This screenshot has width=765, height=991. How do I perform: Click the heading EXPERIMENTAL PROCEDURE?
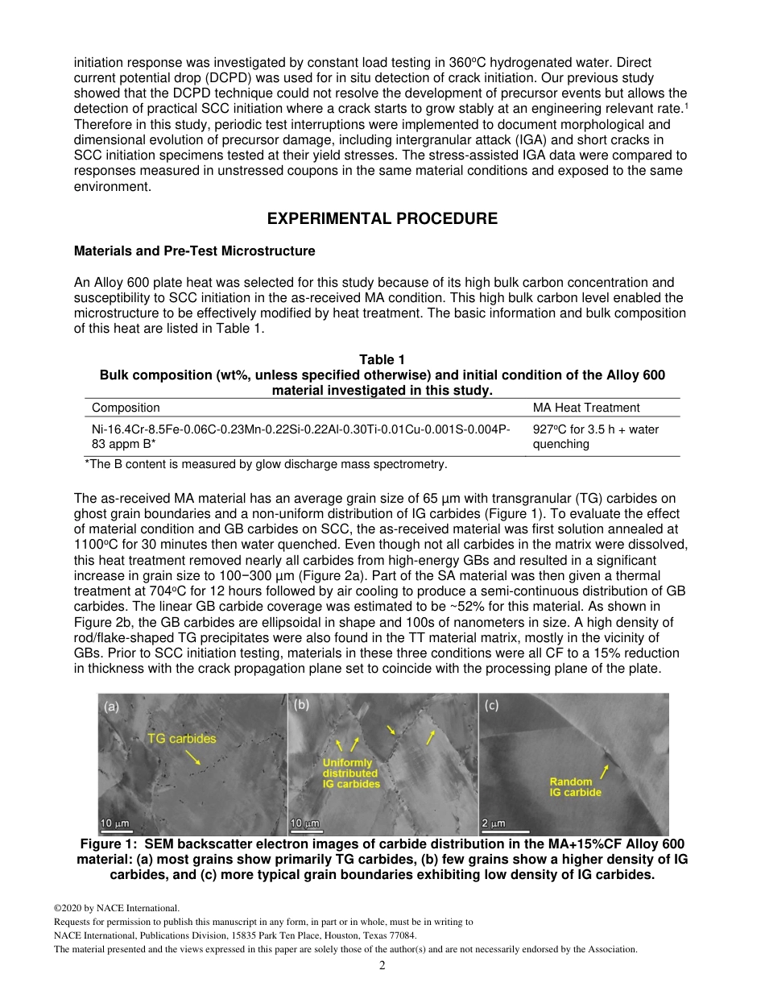[382, 219]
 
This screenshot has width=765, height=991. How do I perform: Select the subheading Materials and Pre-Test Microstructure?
[194, 251]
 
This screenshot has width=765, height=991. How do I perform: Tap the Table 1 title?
[382, 360]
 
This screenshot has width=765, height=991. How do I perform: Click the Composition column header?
[126, 408]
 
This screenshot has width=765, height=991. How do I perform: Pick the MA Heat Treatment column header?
[586, 408]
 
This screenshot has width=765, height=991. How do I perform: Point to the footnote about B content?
[266, 464]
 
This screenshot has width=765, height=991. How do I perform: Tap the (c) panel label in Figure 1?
[491, 705]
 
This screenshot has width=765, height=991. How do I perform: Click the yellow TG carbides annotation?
[181, 738]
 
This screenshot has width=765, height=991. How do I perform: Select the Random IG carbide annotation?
[575, 786]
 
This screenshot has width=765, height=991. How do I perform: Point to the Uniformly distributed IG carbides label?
[350, 773]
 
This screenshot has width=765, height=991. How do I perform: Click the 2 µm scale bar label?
[494, 823]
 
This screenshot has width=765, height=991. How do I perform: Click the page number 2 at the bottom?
[382, 965]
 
